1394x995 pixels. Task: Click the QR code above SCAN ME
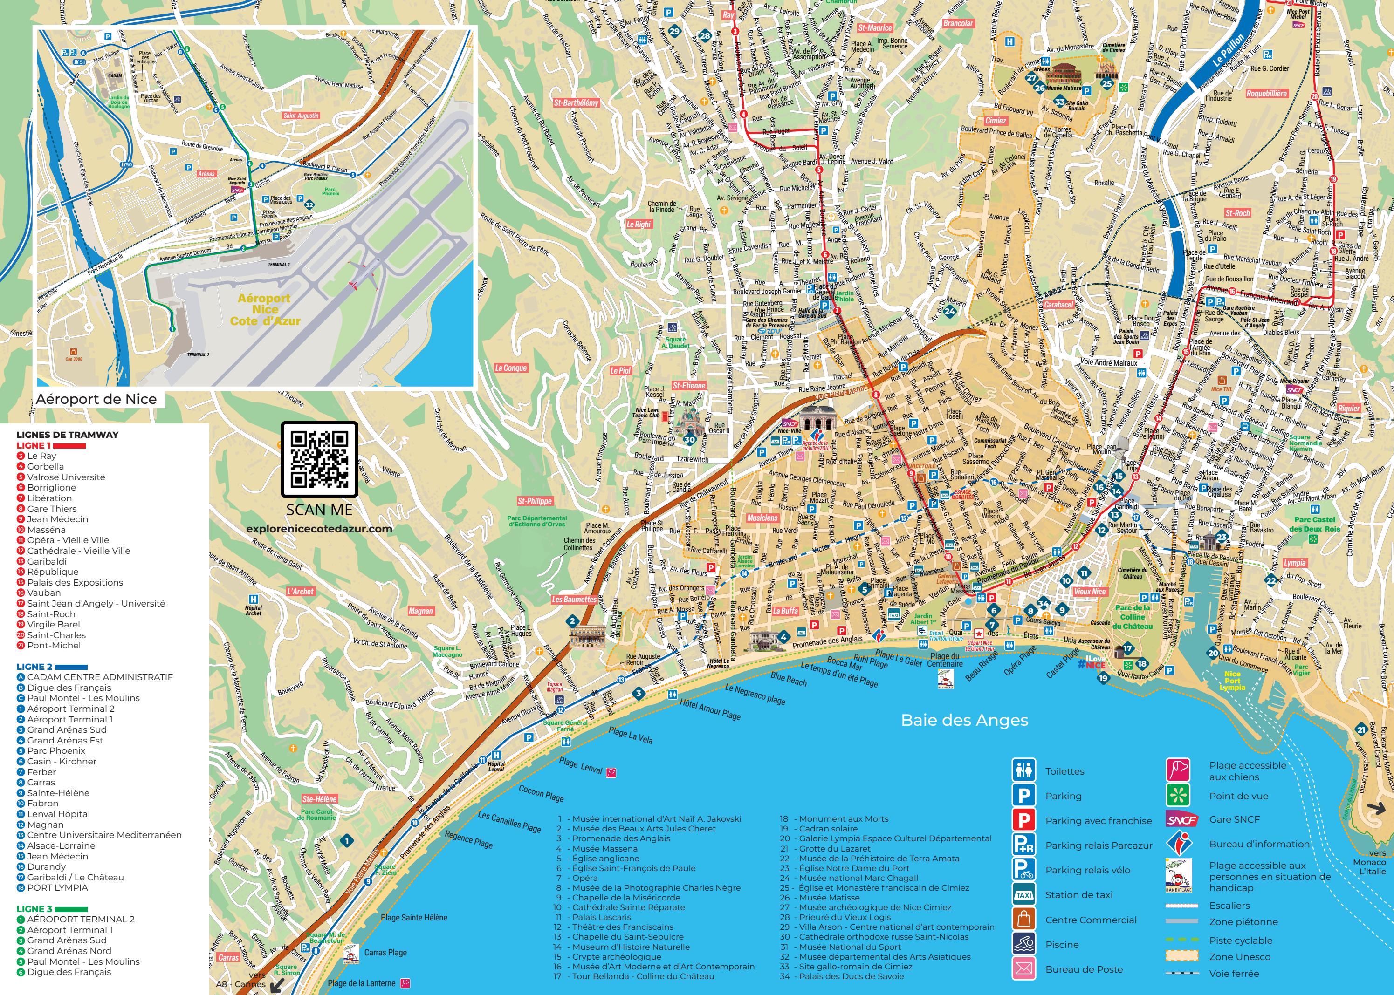319,459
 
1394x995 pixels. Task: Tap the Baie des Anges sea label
964,720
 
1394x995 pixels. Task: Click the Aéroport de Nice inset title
96,399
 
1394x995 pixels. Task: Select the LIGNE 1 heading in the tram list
34,445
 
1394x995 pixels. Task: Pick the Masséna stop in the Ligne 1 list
46,529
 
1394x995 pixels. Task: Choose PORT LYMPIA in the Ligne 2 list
58,887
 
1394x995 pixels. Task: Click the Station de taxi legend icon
1023,894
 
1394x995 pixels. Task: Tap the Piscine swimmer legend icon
1023,944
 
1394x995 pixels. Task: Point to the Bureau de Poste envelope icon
1023,968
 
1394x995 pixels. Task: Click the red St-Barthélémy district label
576,103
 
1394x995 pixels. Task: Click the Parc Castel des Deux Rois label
1314,524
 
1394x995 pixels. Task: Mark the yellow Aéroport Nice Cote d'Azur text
265,309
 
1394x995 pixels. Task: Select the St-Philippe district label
535,501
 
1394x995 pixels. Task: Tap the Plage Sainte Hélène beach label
414,917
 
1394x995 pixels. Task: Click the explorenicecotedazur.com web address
319,529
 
